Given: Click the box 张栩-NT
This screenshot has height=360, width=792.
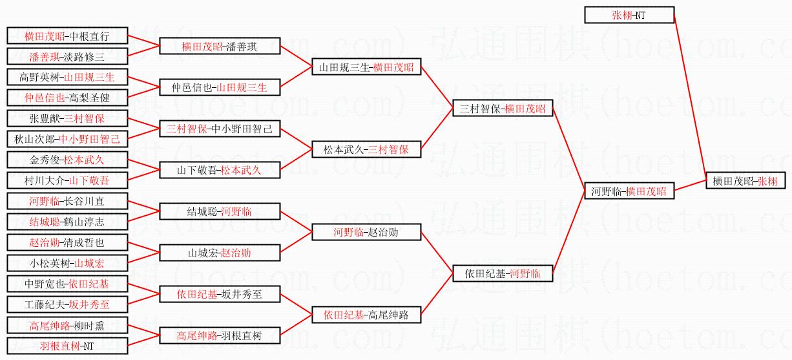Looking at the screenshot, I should [x=629, y=15].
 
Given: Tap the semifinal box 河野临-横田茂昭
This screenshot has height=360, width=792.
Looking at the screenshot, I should [x=629, y=191].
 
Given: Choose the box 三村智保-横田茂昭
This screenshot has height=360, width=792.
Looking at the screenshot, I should [x=503, y=109].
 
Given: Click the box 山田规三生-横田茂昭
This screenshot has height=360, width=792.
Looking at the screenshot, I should [x=366, y=67].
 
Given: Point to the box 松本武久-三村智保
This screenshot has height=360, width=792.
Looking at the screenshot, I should [x=366, y=149].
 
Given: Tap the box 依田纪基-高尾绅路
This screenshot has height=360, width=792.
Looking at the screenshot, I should [x=366, y=315].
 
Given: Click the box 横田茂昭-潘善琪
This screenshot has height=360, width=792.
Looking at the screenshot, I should [x=220, y=46].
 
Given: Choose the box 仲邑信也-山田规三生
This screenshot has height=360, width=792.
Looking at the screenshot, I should [x=220, y=87].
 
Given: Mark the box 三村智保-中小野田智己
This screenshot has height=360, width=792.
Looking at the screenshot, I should [x=220, y=129].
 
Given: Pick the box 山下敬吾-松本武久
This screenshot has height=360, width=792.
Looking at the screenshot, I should [x=220, y=171].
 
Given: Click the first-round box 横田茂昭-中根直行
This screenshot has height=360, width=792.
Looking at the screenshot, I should [x=67, y=36].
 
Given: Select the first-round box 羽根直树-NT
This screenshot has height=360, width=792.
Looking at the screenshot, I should [x=67, y=346].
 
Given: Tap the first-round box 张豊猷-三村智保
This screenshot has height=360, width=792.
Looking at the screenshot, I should [x=67, y=118].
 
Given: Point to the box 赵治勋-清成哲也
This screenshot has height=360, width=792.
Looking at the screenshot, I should [x=67, y=242].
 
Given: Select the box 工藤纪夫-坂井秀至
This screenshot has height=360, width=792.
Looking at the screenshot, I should [x=67, y=304].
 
